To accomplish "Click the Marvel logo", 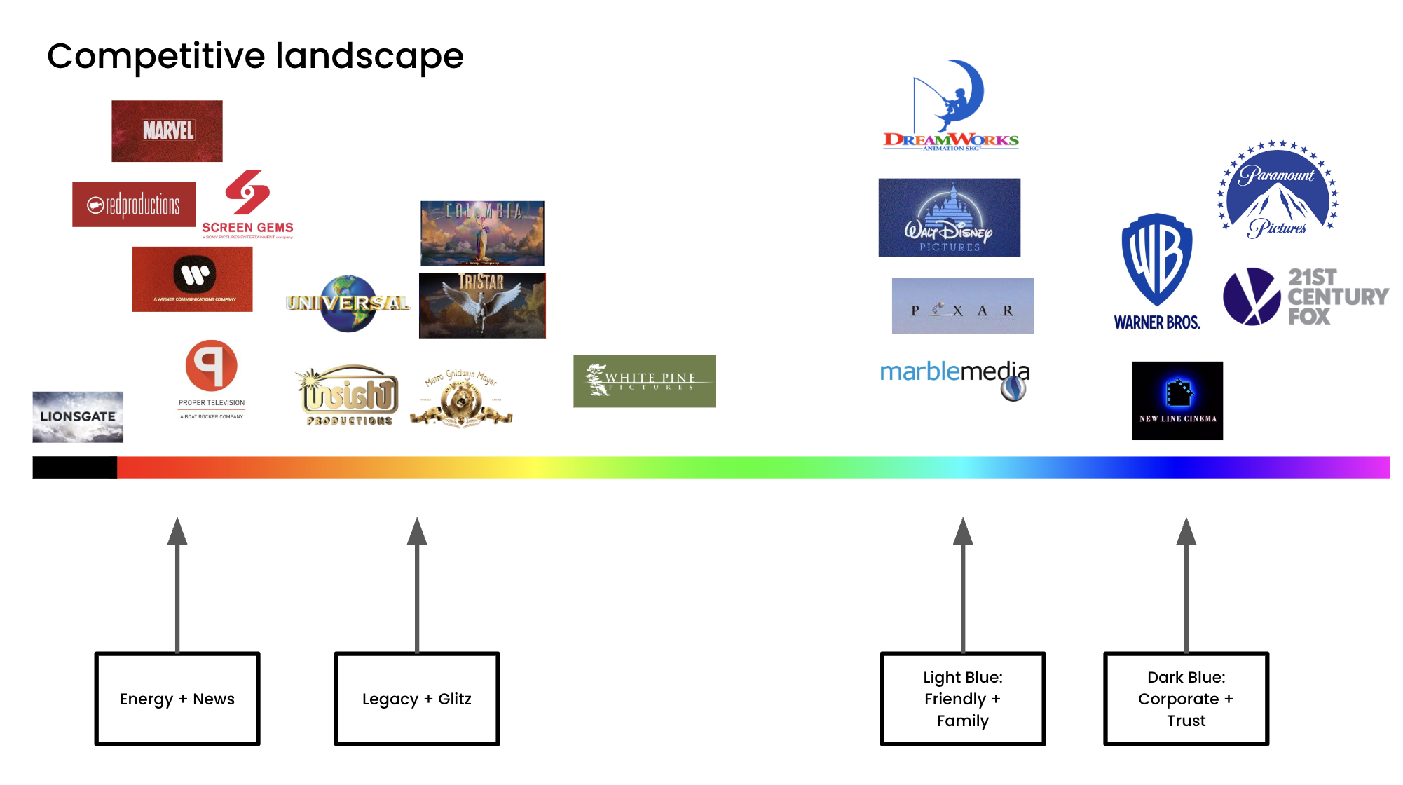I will point(167,131).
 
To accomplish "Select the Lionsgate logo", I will point(78,417).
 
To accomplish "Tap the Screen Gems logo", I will point(247,203).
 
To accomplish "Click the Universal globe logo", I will point(348,303).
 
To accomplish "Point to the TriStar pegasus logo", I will point(482,306).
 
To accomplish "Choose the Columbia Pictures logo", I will point(482,233).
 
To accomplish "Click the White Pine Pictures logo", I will point(644,381).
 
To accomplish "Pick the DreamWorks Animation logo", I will point(951,107).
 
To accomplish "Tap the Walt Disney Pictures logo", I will point(950,218).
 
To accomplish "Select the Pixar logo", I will point(963,306).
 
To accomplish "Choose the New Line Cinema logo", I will point(1177,401).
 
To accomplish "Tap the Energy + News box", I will point(177,699).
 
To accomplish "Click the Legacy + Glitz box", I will point(417,699).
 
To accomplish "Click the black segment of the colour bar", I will point(75,467).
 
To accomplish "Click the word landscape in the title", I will point(369,56).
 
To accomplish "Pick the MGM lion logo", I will point(461,398).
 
